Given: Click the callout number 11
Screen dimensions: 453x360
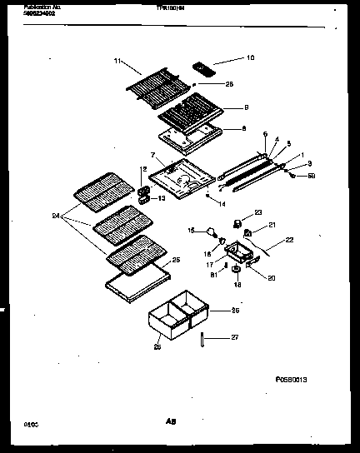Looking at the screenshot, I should coord(117,61).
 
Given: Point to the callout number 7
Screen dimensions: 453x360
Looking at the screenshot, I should coord(152,156).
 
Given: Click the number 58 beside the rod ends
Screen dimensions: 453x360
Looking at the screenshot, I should coord(312,176).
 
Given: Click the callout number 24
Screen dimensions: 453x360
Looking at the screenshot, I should coord(56,217).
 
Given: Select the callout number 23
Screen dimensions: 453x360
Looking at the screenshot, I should coord(257,213).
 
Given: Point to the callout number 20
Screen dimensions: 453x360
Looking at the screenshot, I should coord(271,277).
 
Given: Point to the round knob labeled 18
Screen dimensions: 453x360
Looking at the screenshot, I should coord(237,270).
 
